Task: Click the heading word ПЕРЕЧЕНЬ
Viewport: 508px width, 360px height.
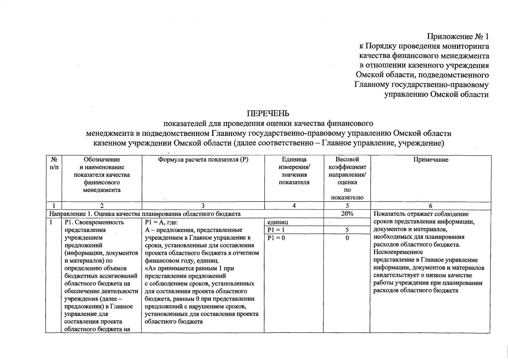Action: click(268, 113)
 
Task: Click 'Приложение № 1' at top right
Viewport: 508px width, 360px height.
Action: click(458, 37)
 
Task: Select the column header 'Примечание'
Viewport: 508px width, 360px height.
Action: click(431, 160)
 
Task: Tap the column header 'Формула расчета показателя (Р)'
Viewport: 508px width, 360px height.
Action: click(203, 160)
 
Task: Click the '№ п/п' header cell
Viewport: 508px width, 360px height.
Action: click(54, 163)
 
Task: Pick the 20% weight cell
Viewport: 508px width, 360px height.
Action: click(347, 214)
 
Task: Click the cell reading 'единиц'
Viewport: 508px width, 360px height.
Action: click(278, 222)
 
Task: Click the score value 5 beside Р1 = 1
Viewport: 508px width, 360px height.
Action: click(347, 230)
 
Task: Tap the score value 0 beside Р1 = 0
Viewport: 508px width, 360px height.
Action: click(347, 238)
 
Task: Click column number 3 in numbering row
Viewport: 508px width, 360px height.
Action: click(203, 206)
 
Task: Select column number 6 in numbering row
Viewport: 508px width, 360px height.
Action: click(431, 206)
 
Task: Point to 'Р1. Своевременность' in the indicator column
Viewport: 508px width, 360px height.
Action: click(94, 222)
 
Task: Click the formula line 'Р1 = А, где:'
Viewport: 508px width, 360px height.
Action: click(161, 222)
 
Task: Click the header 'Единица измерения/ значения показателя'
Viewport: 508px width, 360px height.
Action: click(294, 171)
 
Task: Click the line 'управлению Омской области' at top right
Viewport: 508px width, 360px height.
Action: click(437, 94)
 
